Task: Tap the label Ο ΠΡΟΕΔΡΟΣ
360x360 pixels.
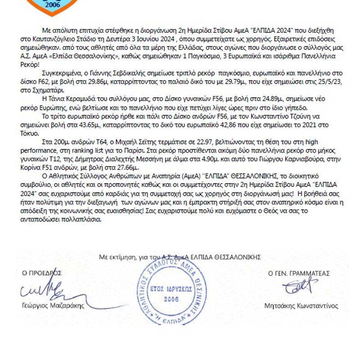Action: (41, 273)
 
